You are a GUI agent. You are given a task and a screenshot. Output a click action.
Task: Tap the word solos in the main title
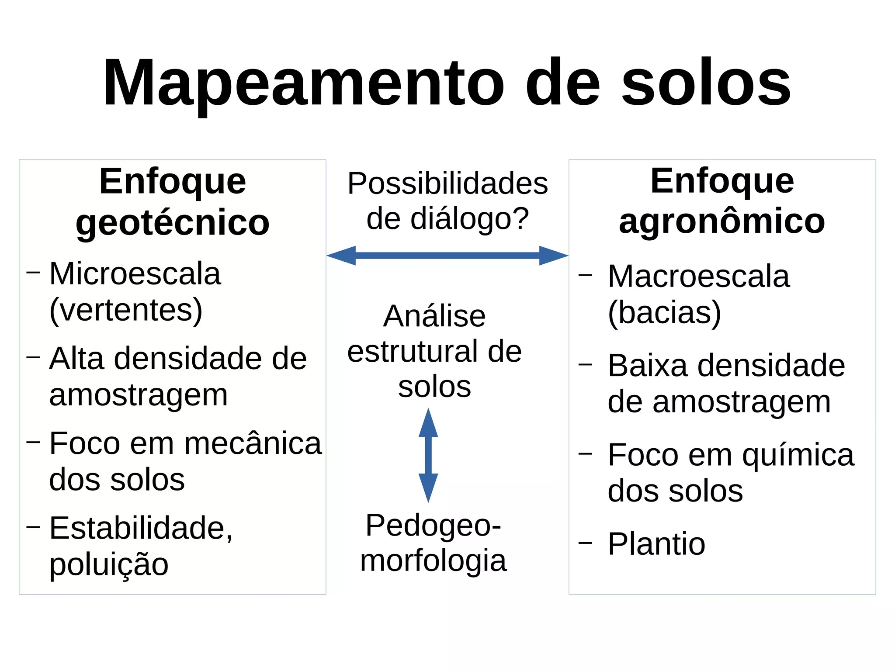705,83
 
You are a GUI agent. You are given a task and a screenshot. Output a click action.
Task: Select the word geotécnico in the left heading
172,223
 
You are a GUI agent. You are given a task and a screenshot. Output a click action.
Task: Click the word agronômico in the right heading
722,221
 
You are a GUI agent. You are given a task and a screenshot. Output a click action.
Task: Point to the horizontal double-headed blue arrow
447,256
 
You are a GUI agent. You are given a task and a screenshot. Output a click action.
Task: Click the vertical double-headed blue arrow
428,455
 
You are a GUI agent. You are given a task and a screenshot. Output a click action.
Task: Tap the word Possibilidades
447,183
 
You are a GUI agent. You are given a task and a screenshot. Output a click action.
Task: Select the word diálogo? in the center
469,218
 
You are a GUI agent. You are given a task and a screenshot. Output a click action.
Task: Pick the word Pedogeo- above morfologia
433,525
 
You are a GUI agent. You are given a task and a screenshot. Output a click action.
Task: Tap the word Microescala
135,274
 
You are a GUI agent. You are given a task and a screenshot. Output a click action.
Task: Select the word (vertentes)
126,310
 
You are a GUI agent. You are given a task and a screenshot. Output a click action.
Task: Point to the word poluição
109,564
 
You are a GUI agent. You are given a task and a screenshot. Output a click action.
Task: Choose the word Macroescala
698,277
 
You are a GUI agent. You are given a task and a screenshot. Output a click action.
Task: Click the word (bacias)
664,313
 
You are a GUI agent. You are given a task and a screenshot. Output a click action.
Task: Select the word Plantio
656,544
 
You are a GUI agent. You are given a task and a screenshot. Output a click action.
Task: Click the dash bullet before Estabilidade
33,527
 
